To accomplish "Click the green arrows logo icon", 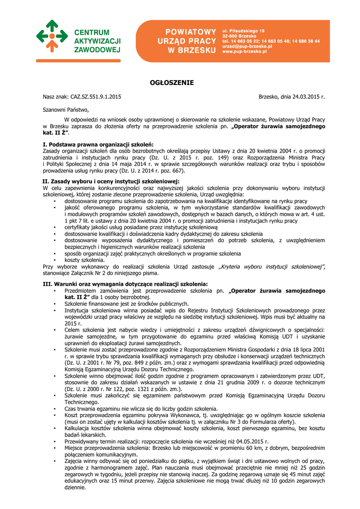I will (52, 37).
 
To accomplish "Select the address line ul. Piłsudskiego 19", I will (243, 31).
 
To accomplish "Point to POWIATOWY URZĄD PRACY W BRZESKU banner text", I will (191, 41).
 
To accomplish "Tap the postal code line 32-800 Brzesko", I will (239, 36).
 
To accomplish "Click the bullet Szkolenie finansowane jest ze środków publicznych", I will (126, 303).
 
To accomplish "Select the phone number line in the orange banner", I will (270, 41).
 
